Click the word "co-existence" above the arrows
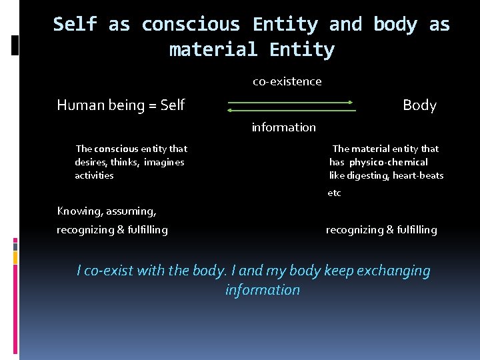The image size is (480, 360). point(287,81)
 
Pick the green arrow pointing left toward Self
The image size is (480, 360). point(290,110)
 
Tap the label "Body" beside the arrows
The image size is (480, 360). point(419,105)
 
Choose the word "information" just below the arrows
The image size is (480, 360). point(284,127)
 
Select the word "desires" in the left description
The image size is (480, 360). point(91,162)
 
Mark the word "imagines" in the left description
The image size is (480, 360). point(164,162)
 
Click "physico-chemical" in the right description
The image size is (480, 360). point(389,162)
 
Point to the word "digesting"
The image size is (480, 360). point(368,175)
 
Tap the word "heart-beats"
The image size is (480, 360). point(418,175)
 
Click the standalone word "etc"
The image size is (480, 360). point(334,193)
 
